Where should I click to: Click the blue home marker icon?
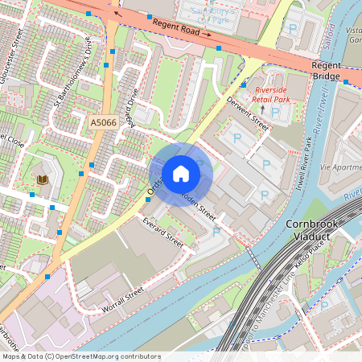click(181, 174)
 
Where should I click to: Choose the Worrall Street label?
click(121, 299)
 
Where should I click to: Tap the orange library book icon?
click(41, 177)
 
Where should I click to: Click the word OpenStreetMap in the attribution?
click(107, 356)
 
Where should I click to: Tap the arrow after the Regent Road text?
click(207, 35)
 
